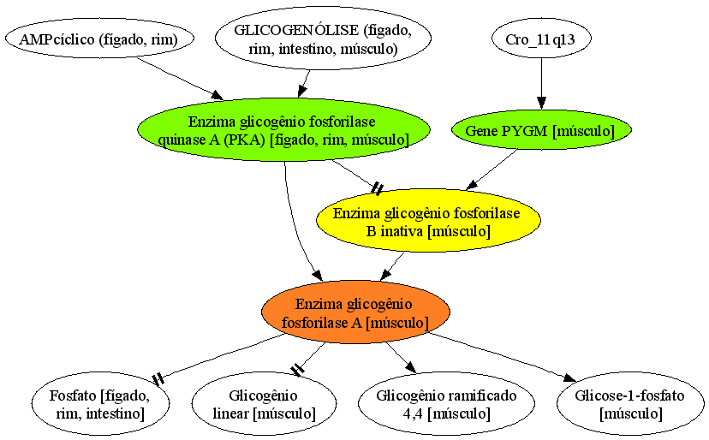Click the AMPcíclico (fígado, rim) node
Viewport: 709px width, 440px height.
(x=99, y=39)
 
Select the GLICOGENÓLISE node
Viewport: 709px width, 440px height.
(x=323, y=39)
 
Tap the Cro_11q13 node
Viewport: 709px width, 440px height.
(x=541, y=39)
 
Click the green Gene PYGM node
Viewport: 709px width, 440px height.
(x=541, y=130)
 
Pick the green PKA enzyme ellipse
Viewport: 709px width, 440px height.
(x=284, y=130)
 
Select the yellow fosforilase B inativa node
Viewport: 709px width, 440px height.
(x=428, y=222)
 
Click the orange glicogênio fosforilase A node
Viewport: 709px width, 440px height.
(x=355, y=313)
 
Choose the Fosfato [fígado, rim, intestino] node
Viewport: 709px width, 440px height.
(x=100, y=404)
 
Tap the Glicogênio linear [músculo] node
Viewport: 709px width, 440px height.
(x=264, y=404)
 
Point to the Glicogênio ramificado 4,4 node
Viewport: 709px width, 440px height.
(x=446, y=404)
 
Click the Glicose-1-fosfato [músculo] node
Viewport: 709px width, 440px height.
(x=630, y=404)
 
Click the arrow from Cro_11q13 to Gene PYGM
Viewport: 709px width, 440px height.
(x=541, y=84)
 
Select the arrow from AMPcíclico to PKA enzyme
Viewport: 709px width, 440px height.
(x=180, y=78)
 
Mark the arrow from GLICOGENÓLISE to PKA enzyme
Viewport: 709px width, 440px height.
(x=304, y=84)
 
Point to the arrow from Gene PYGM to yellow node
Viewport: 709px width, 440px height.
(x=492, y=169)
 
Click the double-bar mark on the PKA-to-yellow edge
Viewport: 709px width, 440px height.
(x=377, y=188)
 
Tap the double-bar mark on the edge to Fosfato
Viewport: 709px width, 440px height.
(x=158, y=379)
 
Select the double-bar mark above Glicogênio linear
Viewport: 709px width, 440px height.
(x=297, y=370)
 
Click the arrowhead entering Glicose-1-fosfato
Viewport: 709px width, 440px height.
(x=569, y=378)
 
